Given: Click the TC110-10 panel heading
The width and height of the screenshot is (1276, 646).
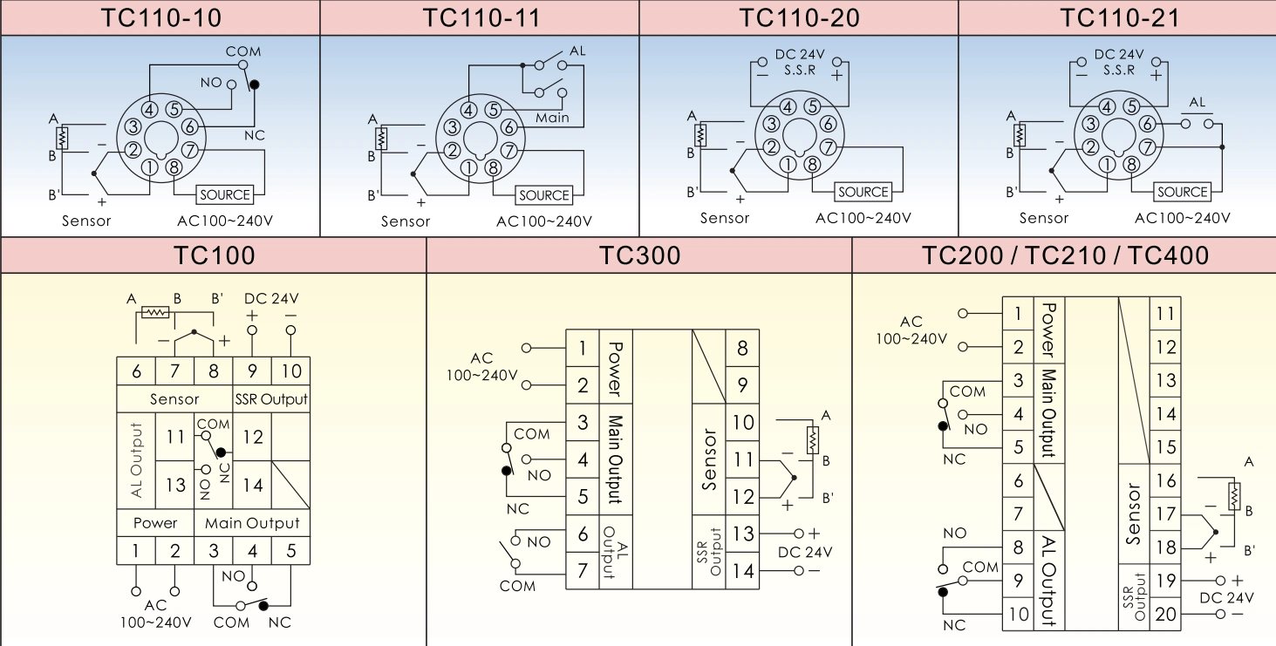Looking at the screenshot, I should point(160,17).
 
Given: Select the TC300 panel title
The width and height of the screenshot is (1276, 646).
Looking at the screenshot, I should point(639,255).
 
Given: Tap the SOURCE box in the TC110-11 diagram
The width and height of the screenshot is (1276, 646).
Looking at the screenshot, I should point(544,195).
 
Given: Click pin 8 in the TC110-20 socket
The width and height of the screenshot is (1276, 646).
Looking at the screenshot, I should point(813,163).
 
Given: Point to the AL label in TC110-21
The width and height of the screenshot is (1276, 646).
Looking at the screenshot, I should point(1197,103).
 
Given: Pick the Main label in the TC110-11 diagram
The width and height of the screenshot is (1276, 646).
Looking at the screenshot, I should point(552,118).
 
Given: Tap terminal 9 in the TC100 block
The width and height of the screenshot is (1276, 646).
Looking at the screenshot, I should point(252,371).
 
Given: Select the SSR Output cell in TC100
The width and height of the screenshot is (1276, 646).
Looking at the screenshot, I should point(271,399).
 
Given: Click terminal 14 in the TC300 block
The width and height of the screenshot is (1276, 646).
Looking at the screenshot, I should point(742,571).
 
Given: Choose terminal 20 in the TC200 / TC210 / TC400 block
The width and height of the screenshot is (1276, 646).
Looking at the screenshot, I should point(1165,614).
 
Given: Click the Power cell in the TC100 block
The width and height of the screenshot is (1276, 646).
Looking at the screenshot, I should point(155,523).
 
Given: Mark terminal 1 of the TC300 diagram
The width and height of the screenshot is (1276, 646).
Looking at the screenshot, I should point(583,350).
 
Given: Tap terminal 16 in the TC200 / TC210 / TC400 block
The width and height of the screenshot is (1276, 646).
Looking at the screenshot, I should point(1165,480).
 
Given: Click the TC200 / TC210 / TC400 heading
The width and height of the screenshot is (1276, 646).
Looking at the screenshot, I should point(1065,255).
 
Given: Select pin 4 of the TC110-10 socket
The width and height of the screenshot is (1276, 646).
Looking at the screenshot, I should point(150,110).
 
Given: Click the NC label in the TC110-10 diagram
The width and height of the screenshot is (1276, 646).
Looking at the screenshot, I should point(254,135).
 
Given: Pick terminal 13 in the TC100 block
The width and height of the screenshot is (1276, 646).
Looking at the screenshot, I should point(175,484).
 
